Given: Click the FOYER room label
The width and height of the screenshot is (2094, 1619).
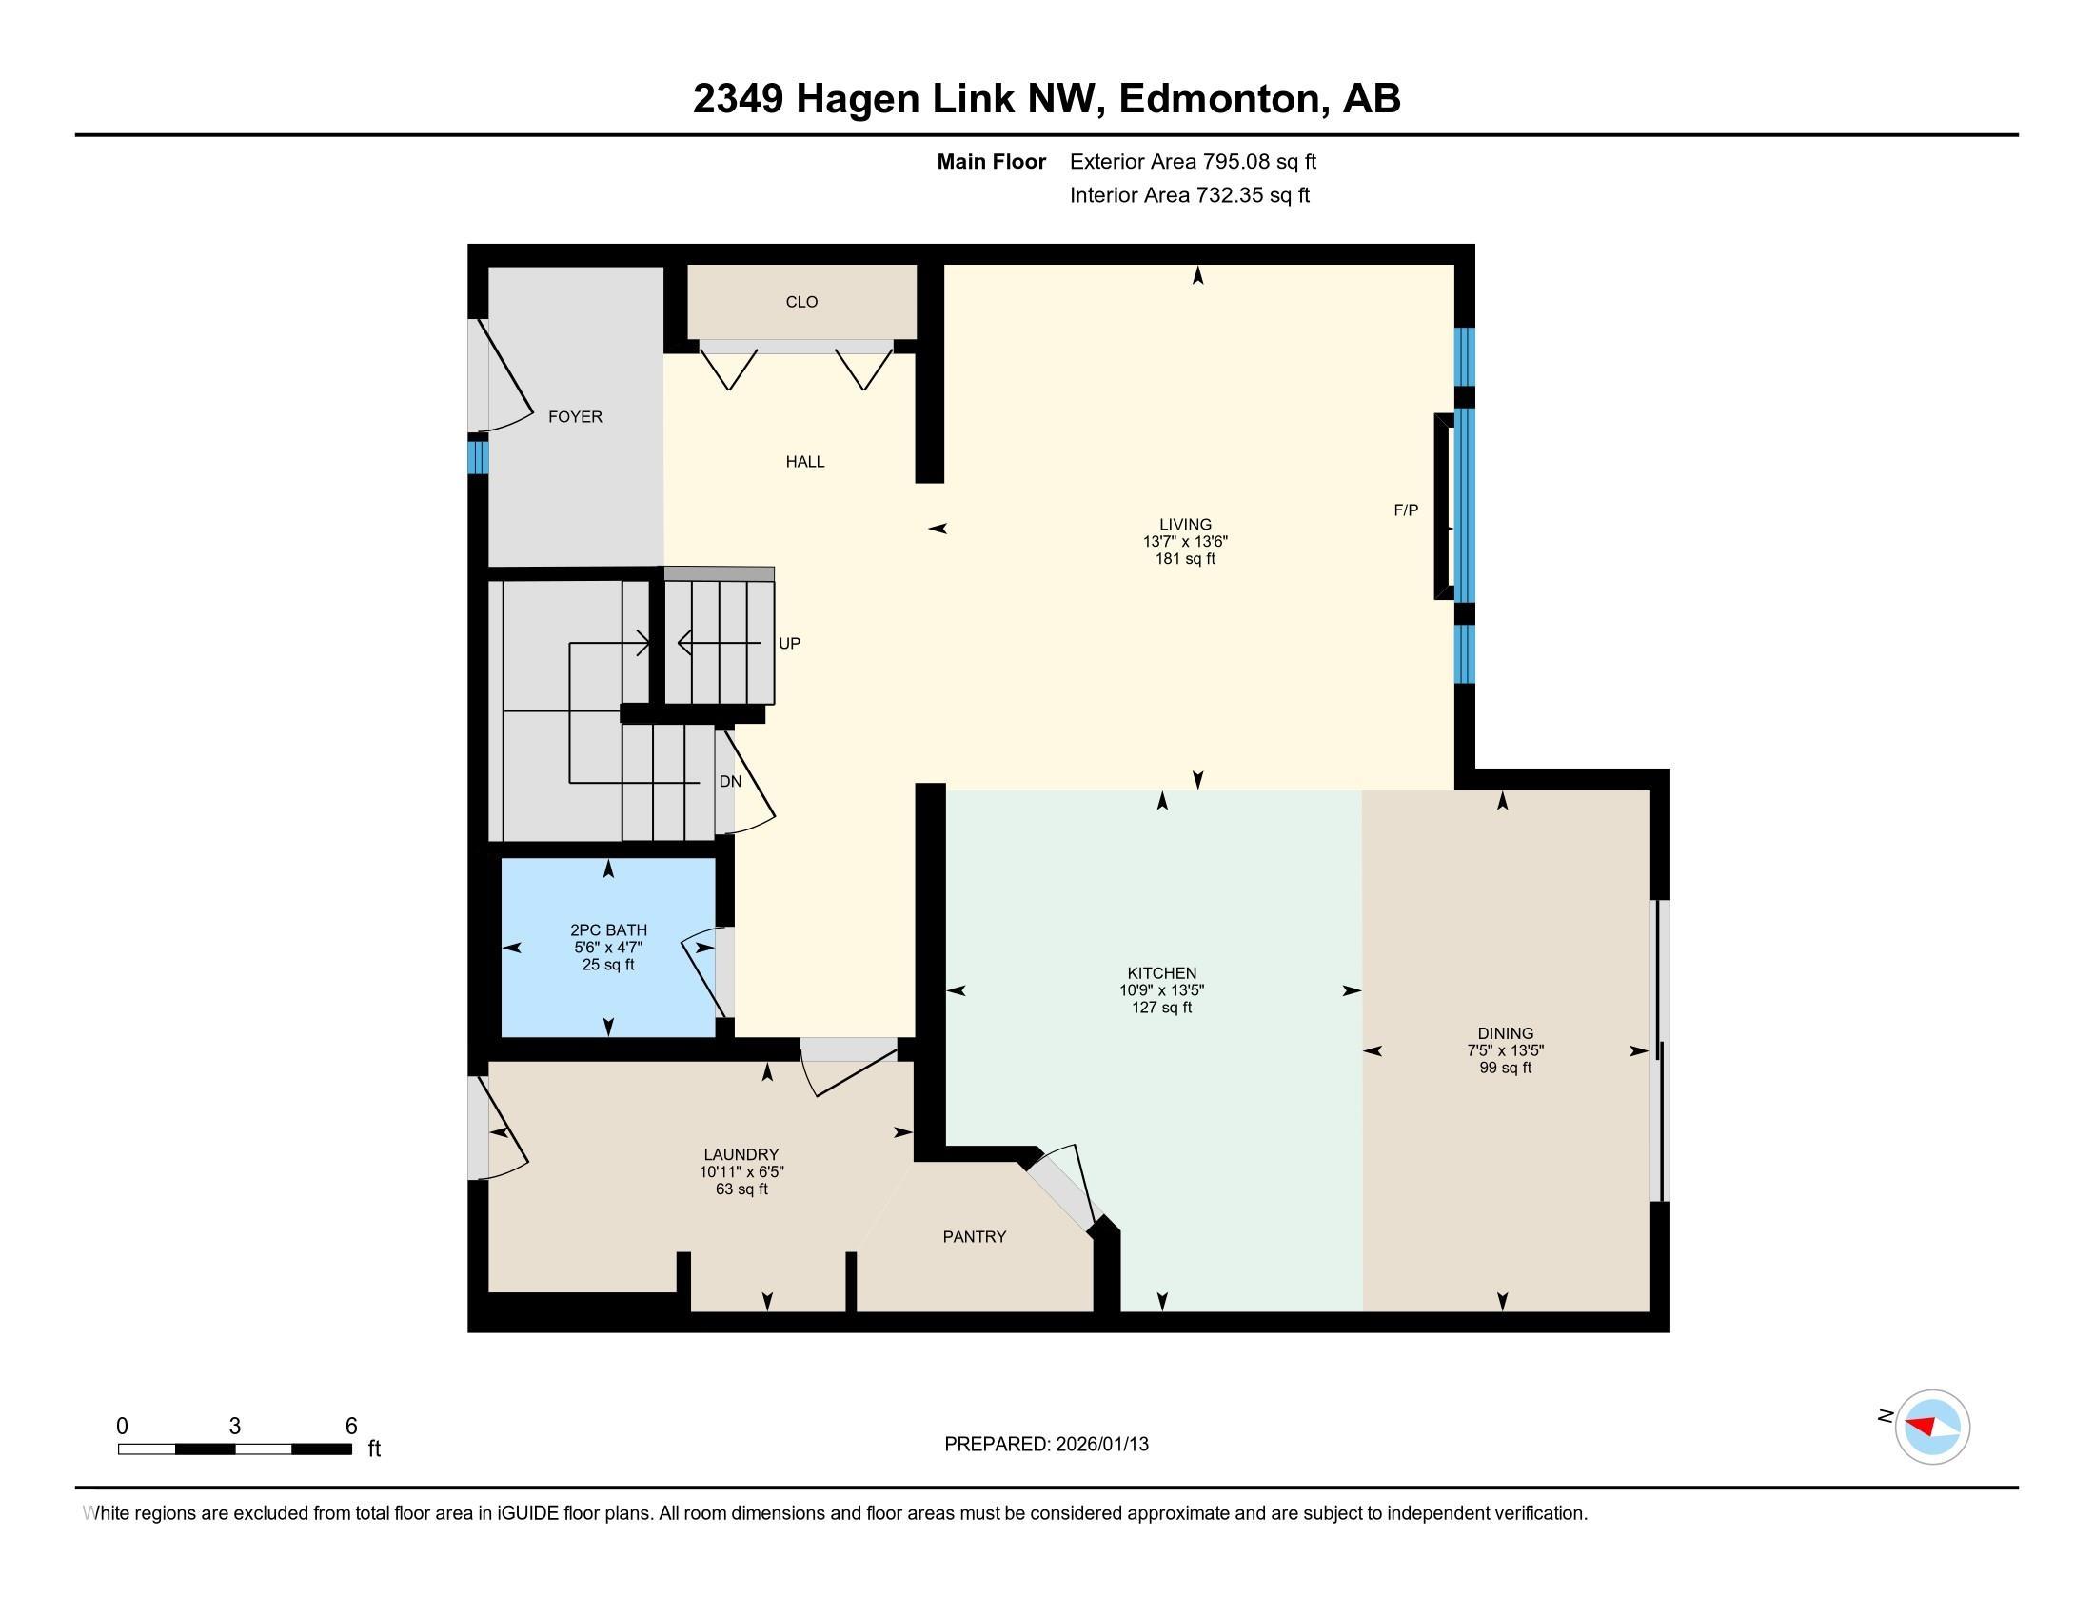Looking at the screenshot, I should [574, 416].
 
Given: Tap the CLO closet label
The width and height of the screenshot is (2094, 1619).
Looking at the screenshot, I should [801, 301].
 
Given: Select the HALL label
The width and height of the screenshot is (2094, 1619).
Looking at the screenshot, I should [804, 461].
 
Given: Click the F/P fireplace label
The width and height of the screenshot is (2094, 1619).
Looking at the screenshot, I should [1406, 510].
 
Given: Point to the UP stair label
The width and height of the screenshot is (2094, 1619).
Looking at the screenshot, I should [789, 644].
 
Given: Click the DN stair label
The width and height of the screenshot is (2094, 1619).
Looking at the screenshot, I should [730, 781].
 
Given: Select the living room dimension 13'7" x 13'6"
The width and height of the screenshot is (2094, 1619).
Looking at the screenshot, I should [1185, 541].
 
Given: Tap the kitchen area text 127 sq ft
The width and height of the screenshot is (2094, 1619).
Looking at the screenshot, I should [1162, 1007].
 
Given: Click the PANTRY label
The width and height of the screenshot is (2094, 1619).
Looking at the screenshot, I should [974, 1236].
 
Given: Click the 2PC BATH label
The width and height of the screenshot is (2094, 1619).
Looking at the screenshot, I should [608, 929].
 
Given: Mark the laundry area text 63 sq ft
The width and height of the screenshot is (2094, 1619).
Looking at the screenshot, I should [741, 1189].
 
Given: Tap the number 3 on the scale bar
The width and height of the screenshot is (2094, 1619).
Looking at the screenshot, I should [234, 1427].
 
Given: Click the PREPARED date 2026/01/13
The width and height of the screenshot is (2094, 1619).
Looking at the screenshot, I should [1100, 1444].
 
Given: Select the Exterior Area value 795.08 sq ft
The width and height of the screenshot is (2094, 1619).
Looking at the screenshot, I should [1260, 161].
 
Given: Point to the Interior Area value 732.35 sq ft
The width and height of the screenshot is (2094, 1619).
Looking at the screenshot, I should [1253, 194].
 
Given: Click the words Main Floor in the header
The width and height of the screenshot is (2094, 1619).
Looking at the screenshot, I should [991, 161].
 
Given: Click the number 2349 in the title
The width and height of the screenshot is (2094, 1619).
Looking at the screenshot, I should [738, 98].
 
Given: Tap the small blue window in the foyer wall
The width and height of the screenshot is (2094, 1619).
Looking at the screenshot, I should [478, 456].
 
